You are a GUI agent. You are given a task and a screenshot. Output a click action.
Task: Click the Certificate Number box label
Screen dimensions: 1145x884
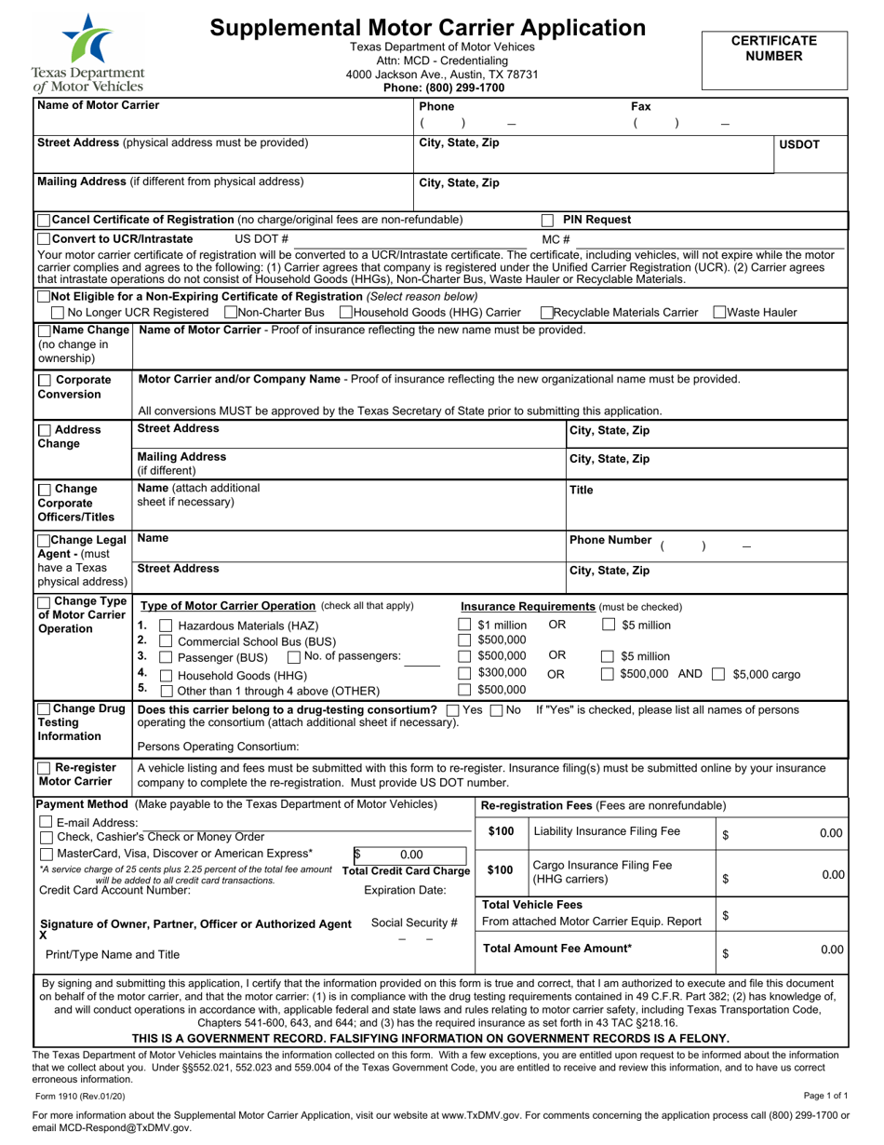[773, 48]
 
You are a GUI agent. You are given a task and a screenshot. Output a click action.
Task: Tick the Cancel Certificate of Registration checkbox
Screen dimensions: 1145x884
[44, 220]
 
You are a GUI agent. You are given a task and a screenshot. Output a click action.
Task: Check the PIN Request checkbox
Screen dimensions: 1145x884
[548, 221]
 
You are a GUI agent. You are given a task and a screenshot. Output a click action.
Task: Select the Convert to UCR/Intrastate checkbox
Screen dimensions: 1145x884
[44, 239]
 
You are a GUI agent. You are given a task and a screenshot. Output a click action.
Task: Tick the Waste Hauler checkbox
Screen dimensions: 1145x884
[720, 312]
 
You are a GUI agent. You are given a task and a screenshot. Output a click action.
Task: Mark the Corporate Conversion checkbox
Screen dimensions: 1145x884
[45, 380]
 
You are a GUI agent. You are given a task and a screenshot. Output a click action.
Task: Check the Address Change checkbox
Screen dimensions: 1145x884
[45, 430]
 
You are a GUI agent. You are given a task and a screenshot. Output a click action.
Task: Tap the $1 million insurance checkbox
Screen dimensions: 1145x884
[464, 625]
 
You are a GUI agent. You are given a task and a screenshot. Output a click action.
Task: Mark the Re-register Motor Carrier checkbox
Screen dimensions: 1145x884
[45, 768]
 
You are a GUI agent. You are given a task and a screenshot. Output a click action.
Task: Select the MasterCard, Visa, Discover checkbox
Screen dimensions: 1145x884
[46, 854]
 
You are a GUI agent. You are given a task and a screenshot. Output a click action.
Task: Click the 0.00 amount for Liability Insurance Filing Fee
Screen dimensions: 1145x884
[830, 833]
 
